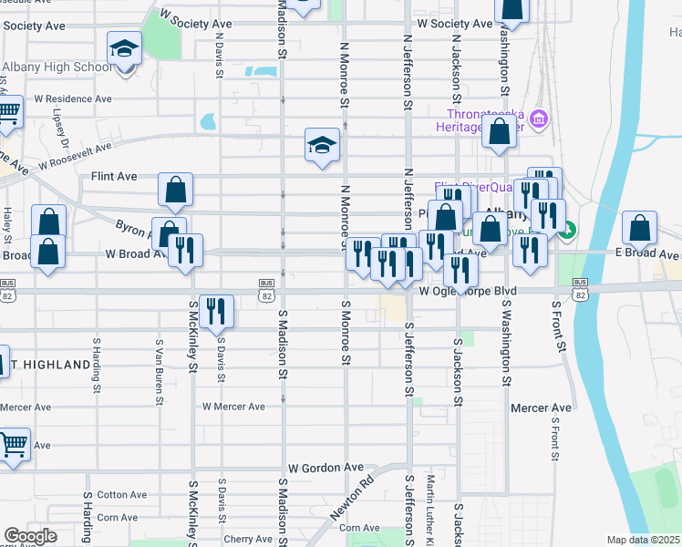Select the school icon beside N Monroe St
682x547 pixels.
click(x=322, y=146)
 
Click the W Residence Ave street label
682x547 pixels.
click(x=73, y=98)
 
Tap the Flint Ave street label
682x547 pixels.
click(x=113, y=176)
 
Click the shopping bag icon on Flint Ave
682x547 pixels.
click(x=175, y=191)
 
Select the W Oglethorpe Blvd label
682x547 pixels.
click(x=468, y=291)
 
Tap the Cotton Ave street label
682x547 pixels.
click(x=122, y=495)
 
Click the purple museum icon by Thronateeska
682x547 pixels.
click(x=539, y=119)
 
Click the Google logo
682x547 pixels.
click(x=30, y=537)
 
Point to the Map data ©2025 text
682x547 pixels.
click(x=643, y=540)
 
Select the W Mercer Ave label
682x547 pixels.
click(x=233, y=407)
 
